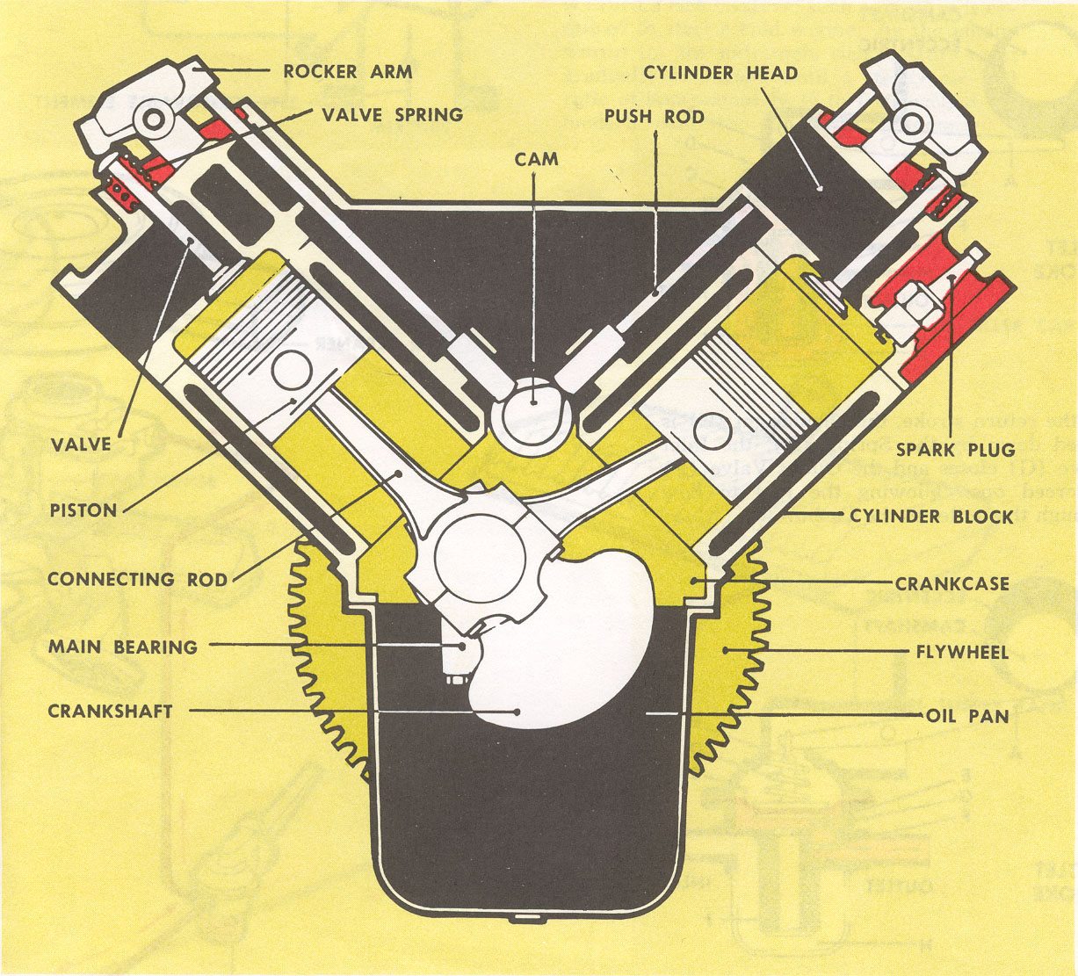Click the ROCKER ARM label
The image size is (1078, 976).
pyautogui.click(x=347, y=72)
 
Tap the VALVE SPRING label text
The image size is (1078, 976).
pyautogui.click(x=392, y=115)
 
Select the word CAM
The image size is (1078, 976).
pyautogui.click(x=537, y=159)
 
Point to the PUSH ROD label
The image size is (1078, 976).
pyautogui.click(x=654, y=117)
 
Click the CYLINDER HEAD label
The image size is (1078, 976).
pyautogui.click(x=720, y=73)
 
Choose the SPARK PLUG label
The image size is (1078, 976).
pyautogui.click(x=955, y=450)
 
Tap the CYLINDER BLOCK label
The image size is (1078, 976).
pyautogui.click(x=931, y=517)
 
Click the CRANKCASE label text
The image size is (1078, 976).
pyautogui.click(x=952, y=583)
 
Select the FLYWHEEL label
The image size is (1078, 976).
pyautogui.click(x=961, y=652)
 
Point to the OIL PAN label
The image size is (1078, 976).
pyautogui.click(x=967, y=716)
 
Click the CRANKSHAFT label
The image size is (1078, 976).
pyautogui.click(x=110, y=711)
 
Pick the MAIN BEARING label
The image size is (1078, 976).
pyautogui.click(x=122, y=647)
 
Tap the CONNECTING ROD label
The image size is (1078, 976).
pyautogui.click(x=137, y=580)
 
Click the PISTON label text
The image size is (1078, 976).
pyautogui.click(x=83, y=510)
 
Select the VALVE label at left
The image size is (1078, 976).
pyautogui.click(x=82, y=444)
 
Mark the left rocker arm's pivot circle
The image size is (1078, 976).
pyautogui.click(x=157, y=117)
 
